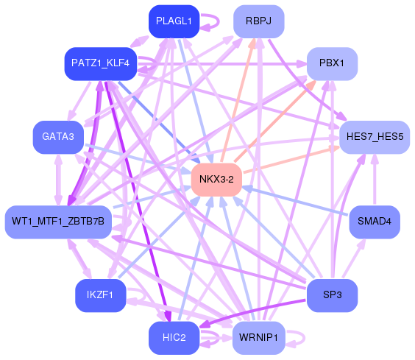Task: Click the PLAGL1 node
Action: [174, 21]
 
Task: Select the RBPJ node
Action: [258, 21]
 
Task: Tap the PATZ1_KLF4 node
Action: [101, 63]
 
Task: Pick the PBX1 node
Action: [332, 63]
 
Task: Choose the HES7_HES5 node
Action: [375, 137]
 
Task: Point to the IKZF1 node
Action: [100, 295]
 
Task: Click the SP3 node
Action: [332, 295]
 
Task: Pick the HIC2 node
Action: [174, 337]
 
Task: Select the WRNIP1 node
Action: [258, 337]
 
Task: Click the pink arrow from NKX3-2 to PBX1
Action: [276, 119]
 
